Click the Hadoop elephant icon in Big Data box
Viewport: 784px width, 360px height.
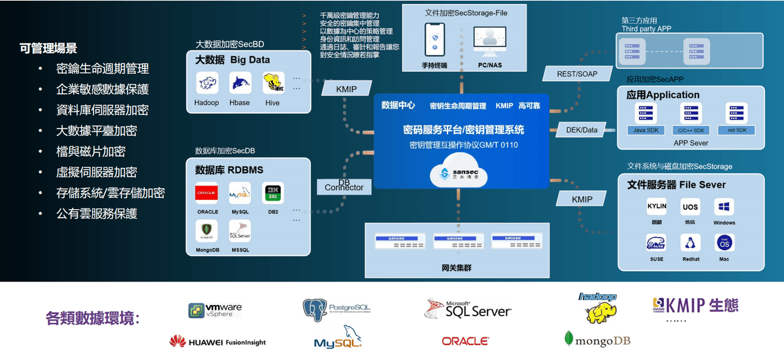pyautogui.click(x=206, y=84)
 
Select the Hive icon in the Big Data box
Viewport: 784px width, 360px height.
pyautogui.click(x=272, y=84)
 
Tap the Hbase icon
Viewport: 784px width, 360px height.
pyautogui.click(x=240, y=84)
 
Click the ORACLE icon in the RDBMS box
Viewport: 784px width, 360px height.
pyautogui.click(x=206, y=194)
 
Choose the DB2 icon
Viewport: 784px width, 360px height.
pyautogui.click(x=272, y=194)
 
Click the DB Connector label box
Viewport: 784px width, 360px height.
pyautogui.click(x=344, y=185)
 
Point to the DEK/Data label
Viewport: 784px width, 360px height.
pyautogui.click(x=581, y=130)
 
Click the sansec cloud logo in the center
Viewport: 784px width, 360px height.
pyautogui.click(x=461, y=171)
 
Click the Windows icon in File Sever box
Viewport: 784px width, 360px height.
pyautogui.click(x=724, y=208)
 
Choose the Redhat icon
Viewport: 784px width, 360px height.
pyautogui.click(x=691, y=244)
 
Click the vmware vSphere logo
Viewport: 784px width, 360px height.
pyautogui.click(x=216, y=310)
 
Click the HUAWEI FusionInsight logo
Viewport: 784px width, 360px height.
pyautogui.click(x=218, y=342)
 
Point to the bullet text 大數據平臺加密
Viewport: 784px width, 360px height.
pyautogui.click(x=97, y=131)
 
